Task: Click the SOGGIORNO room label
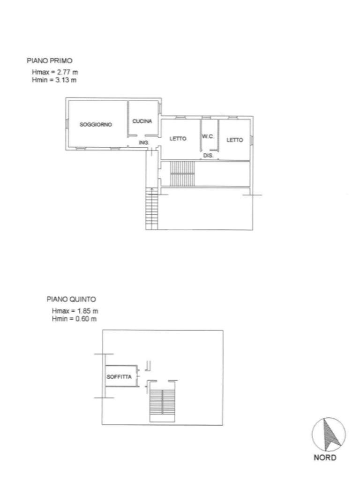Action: tap(96, 125)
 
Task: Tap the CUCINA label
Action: tap(142, 121)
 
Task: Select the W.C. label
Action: tap(208, 136)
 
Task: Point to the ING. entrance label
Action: tap(144, 142)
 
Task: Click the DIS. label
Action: tap(208, 156)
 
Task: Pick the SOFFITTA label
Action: tap(119, 376)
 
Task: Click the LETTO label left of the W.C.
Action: tap(178, 139)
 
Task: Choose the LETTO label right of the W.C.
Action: tap(235, 140)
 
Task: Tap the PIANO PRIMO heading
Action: tap(50, 60)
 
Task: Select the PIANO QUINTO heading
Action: tap(71, 299)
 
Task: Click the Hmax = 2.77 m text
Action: tap(55, 72)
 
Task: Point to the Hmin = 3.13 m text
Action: tap(54, 80)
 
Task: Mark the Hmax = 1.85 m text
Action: tap(75, 311)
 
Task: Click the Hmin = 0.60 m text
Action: tap(75, 319)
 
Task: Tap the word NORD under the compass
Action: tap(325, 457)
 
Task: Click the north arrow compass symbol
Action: tap(329, 435)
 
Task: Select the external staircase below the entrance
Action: tap(152, 209)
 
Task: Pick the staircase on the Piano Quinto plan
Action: tap(162, 405)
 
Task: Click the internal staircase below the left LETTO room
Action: tap(182, 173)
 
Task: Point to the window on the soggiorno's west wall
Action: tap(67, 123)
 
